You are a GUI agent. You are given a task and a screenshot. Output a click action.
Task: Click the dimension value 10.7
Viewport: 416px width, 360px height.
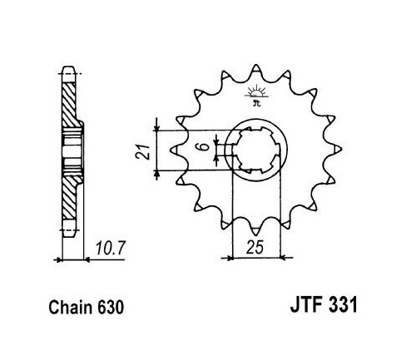click(x=111, y=248)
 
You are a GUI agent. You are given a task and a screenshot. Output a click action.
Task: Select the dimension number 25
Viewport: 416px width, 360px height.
click(x=255, y=247)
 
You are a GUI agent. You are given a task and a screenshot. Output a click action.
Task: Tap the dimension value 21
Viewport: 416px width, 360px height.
click(x=142, y=151)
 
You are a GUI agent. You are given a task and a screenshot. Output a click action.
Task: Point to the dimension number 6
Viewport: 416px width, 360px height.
click(x=204, y=146)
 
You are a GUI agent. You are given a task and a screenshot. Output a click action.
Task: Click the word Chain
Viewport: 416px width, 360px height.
click(x=71, y=308)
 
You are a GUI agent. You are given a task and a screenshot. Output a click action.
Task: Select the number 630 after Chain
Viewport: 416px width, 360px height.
click(x=110, y=308)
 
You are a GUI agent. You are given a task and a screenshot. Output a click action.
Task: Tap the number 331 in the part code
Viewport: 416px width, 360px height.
click(x=341, y=304)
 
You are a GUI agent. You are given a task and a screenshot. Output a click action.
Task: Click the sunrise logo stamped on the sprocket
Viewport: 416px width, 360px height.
click(x=256, y=95)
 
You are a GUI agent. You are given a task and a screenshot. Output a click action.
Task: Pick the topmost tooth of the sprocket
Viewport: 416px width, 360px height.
click(x=255, y=69)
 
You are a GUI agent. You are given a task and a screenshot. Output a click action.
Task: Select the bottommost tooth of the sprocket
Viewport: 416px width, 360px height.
click(x=255, y=229)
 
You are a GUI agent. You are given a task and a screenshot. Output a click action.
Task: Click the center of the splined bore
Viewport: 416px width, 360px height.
click(x=256, y=150)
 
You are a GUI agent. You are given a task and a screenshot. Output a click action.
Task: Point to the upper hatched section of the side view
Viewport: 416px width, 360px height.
click(x=68, y=105)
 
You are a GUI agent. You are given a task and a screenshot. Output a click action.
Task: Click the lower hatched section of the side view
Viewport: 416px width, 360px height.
click(x=68, y=198)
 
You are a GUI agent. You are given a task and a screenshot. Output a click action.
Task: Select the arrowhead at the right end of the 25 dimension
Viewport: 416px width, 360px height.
click(x=283, y=258)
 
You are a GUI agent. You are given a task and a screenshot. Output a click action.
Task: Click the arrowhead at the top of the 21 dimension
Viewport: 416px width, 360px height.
click(x=157, y=127)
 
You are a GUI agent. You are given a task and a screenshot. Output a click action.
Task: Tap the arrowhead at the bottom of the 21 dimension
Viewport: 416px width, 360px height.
click(x=157, y=173)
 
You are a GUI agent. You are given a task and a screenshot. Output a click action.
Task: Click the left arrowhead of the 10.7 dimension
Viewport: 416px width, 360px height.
click(x=59, y=260)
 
